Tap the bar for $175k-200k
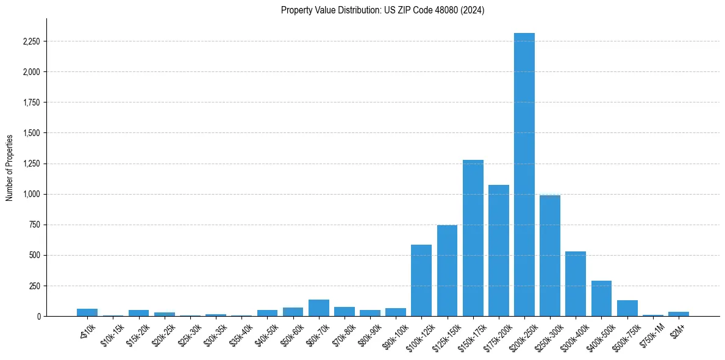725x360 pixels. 499,250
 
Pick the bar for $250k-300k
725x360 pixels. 550,256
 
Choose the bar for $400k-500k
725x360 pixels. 601,298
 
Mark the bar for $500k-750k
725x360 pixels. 627,308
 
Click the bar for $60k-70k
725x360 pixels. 319,308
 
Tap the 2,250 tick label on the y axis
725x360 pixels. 31,41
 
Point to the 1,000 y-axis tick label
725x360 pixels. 31,194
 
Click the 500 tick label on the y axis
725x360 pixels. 34,255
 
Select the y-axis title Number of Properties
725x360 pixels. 10,167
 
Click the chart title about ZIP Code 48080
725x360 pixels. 382,10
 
